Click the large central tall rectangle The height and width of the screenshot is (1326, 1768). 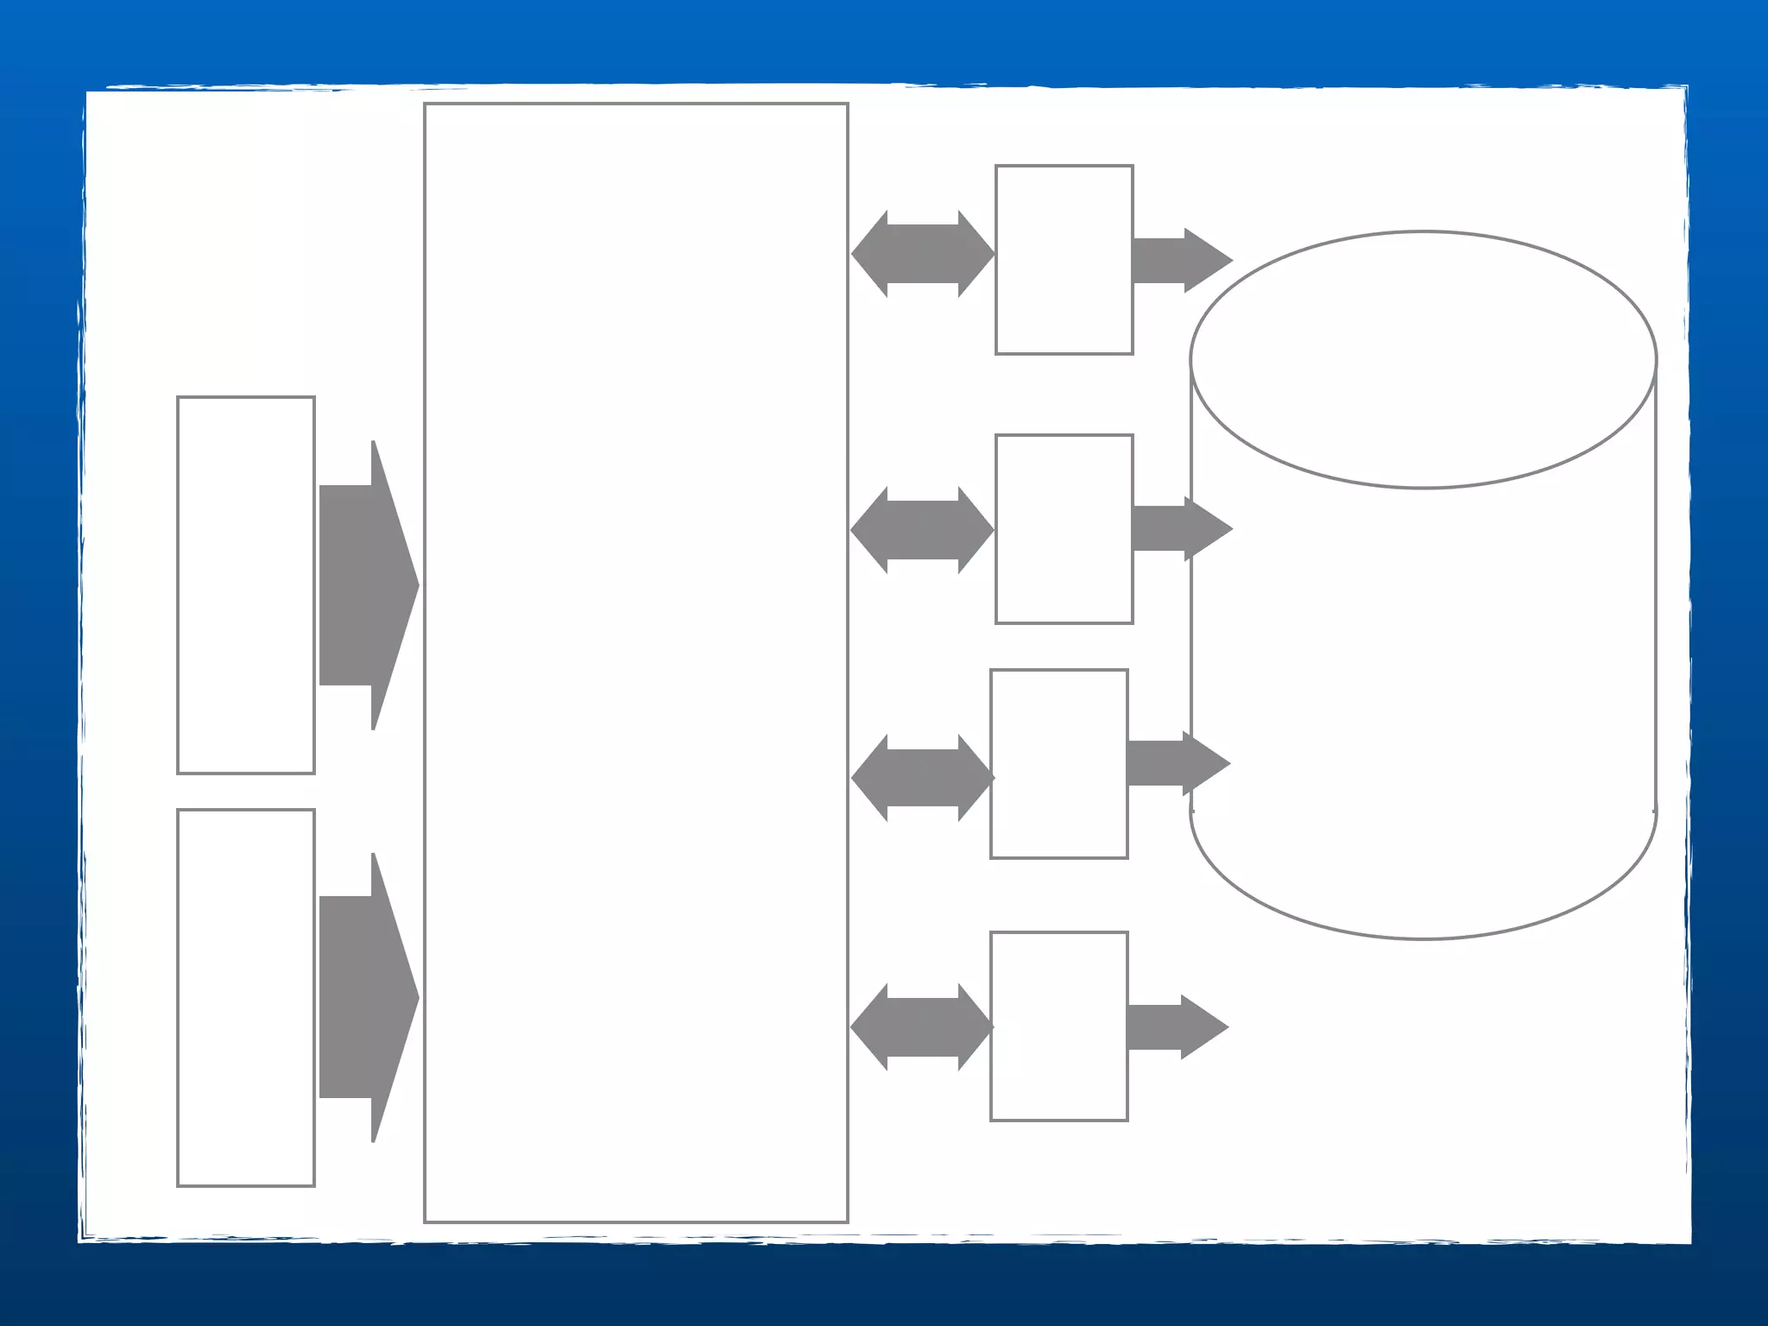(635, 663)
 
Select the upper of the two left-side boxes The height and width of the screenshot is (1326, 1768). (246, 585)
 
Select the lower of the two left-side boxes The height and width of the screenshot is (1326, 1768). (246, 998)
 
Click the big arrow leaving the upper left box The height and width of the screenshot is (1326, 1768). (367, 585)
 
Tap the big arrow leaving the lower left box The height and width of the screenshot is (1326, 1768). (367, 998)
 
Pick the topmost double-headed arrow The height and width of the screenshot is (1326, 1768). (922, 254)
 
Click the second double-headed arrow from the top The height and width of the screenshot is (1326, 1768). (922, 530)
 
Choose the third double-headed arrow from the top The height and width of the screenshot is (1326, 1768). (922, 778)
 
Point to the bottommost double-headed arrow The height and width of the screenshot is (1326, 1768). (922, 1027)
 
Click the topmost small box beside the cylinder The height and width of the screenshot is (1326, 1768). (1064, 260)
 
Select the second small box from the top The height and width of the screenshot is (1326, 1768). (1064, 529)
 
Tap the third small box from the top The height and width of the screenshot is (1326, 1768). (1059, 764)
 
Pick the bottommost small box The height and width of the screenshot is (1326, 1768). (1059, 1026)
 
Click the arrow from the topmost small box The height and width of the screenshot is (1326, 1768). (1179, 260)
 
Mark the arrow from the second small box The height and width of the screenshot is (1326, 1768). (1179, 528)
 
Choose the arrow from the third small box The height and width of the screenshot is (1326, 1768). (1176, 763)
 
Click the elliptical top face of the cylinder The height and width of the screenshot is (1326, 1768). (1424, 359)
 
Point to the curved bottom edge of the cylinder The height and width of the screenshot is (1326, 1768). (1424, 938)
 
